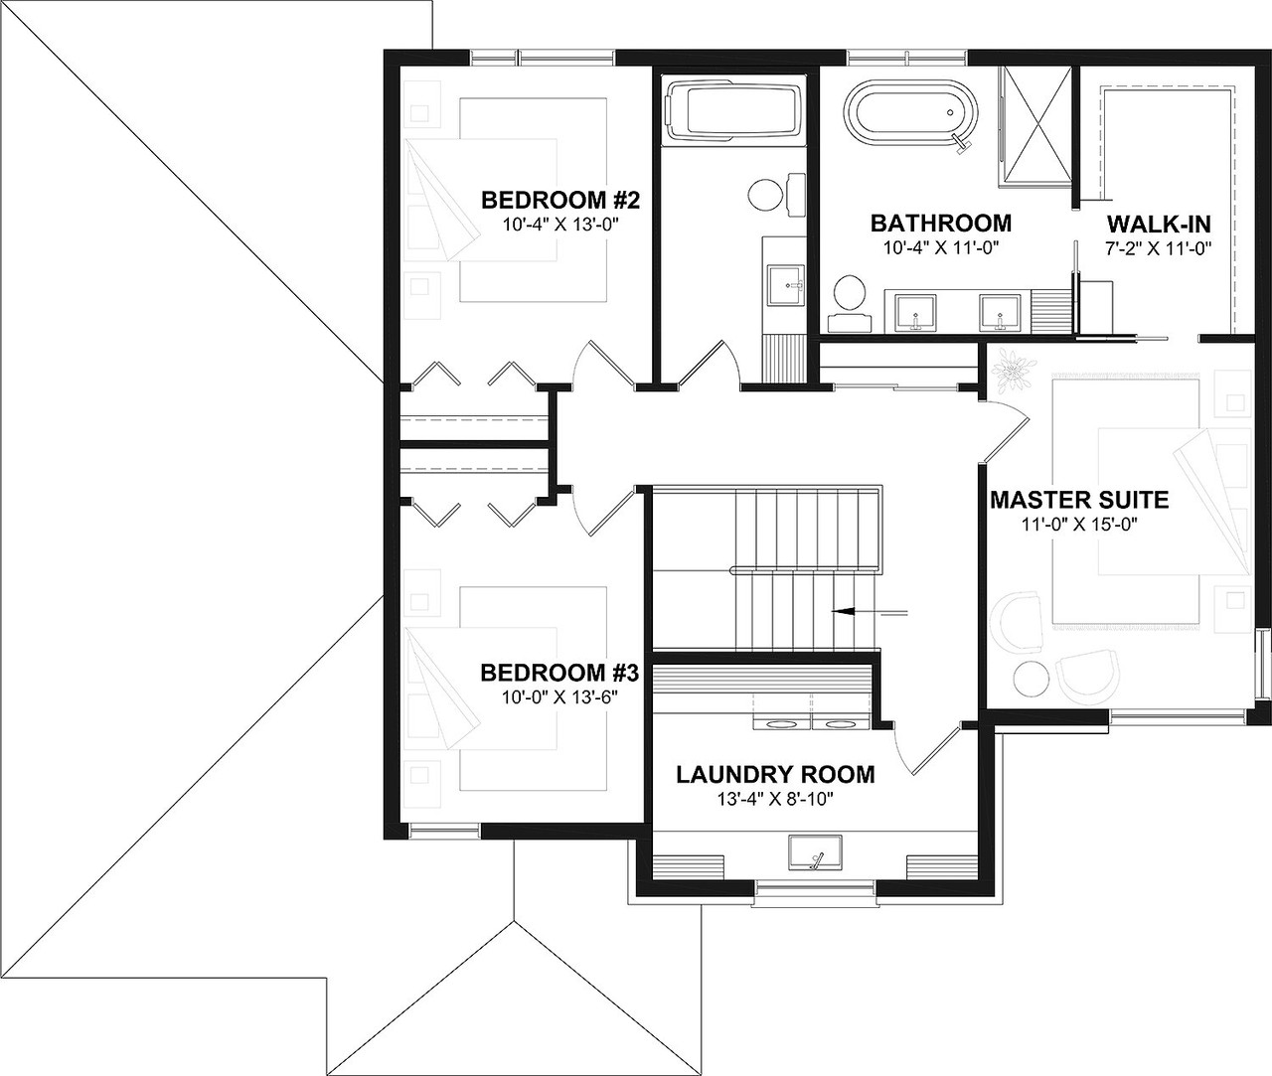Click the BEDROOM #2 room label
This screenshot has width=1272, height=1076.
click(558, 201)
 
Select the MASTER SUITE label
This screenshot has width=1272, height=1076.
click(1078, 500)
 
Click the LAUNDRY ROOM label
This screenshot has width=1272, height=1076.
click(775, 774)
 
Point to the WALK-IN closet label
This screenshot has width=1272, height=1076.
click(1158, 223)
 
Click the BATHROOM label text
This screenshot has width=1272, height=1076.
click(940, 223)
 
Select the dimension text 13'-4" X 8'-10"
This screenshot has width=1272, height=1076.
click(775, 800)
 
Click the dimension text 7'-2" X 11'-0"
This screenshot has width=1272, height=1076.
click(1158, 248)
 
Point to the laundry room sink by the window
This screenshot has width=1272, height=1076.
click(815, 853)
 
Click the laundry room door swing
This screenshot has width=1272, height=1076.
click(922, 750)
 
